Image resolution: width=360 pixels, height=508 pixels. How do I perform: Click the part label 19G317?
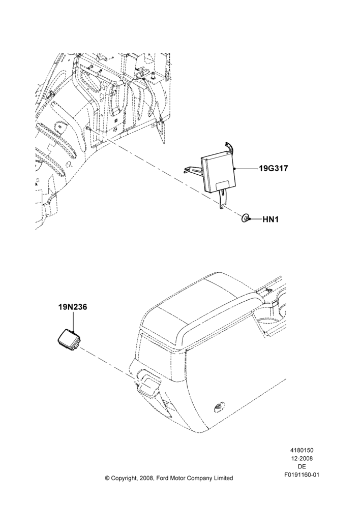click(x=274, y=169)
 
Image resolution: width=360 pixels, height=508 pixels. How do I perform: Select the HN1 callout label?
click(x=271, y=219)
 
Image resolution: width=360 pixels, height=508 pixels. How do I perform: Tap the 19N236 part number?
click(x=73, y=307)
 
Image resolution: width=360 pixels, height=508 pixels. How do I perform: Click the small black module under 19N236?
click(x=69, y=339)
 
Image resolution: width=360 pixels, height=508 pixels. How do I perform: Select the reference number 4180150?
click(x=302, y=450)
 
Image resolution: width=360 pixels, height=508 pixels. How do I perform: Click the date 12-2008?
click(x=302, y=458)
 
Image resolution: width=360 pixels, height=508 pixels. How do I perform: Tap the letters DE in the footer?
click(x=302, y=466)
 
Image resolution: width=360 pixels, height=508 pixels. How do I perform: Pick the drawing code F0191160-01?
click(x=302, y=475)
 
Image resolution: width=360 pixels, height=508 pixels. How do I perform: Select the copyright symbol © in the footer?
click(x=107, y=478)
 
